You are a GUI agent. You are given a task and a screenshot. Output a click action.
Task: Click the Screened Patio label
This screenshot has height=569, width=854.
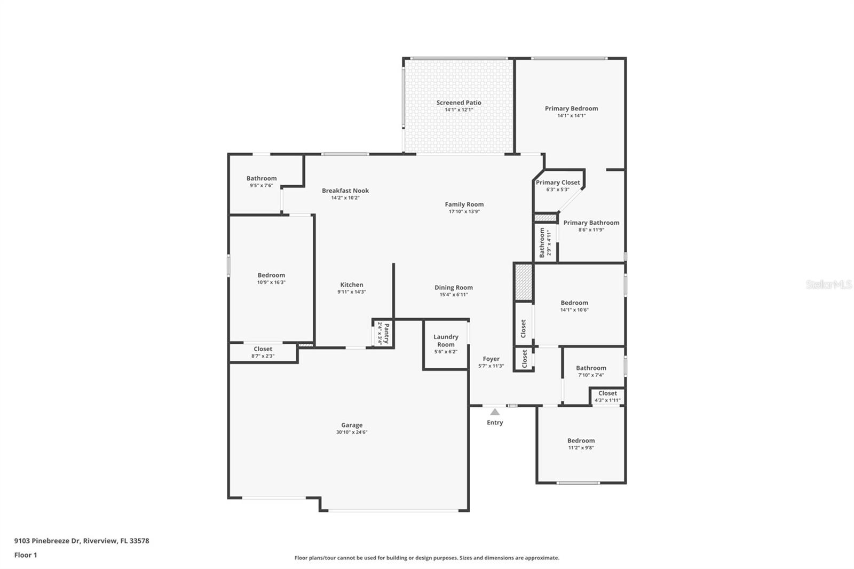pos(458,102)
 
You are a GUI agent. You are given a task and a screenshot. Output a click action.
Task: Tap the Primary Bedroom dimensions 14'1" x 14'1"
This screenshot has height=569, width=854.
pos(571,116)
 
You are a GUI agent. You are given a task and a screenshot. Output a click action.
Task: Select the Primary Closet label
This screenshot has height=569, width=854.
pos(558,183)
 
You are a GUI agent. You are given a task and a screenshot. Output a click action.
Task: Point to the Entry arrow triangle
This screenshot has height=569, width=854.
pos(495,412)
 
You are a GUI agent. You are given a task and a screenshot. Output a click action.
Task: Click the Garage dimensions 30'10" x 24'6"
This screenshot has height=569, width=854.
pos(352,432)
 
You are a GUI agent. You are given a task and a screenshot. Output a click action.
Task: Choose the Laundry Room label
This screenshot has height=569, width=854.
pos(446,341)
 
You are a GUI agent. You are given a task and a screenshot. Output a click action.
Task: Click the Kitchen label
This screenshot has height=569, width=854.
pos(352,284)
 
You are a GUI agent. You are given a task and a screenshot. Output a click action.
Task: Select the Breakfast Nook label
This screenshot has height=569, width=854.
pos(345,191)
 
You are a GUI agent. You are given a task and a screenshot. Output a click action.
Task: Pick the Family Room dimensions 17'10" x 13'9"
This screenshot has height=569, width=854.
pos(464,211)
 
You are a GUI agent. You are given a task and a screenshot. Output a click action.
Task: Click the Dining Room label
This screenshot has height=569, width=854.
pos(454,287)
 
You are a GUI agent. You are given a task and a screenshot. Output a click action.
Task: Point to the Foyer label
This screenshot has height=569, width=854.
pos(491,359)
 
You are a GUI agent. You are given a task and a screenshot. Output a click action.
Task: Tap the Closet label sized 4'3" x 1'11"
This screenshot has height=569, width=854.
pos(607,393)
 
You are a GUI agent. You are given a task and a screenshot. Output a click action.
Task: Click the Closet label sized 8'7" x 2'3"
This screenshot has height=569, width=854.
pos(263,349)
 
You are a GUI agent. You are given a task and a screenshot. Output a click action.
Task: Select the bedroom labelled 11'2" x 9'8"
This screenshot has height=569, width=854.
pos(581,441)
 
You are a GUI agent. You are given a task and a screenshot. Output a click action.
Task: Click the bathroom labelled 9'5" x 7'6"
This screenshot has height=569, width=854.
pos(262,178)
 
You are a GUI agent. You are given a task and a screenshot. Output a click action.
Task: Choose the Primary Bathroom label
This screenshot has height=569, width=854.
pos(591,223)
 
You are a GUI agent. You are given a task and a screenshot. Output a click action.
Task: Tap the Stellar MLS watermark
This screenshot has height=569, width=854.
pos(828,284)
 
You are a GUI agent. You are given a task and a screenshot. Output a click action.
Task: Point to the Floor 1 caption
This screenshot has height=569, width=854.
pos(26,555)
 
